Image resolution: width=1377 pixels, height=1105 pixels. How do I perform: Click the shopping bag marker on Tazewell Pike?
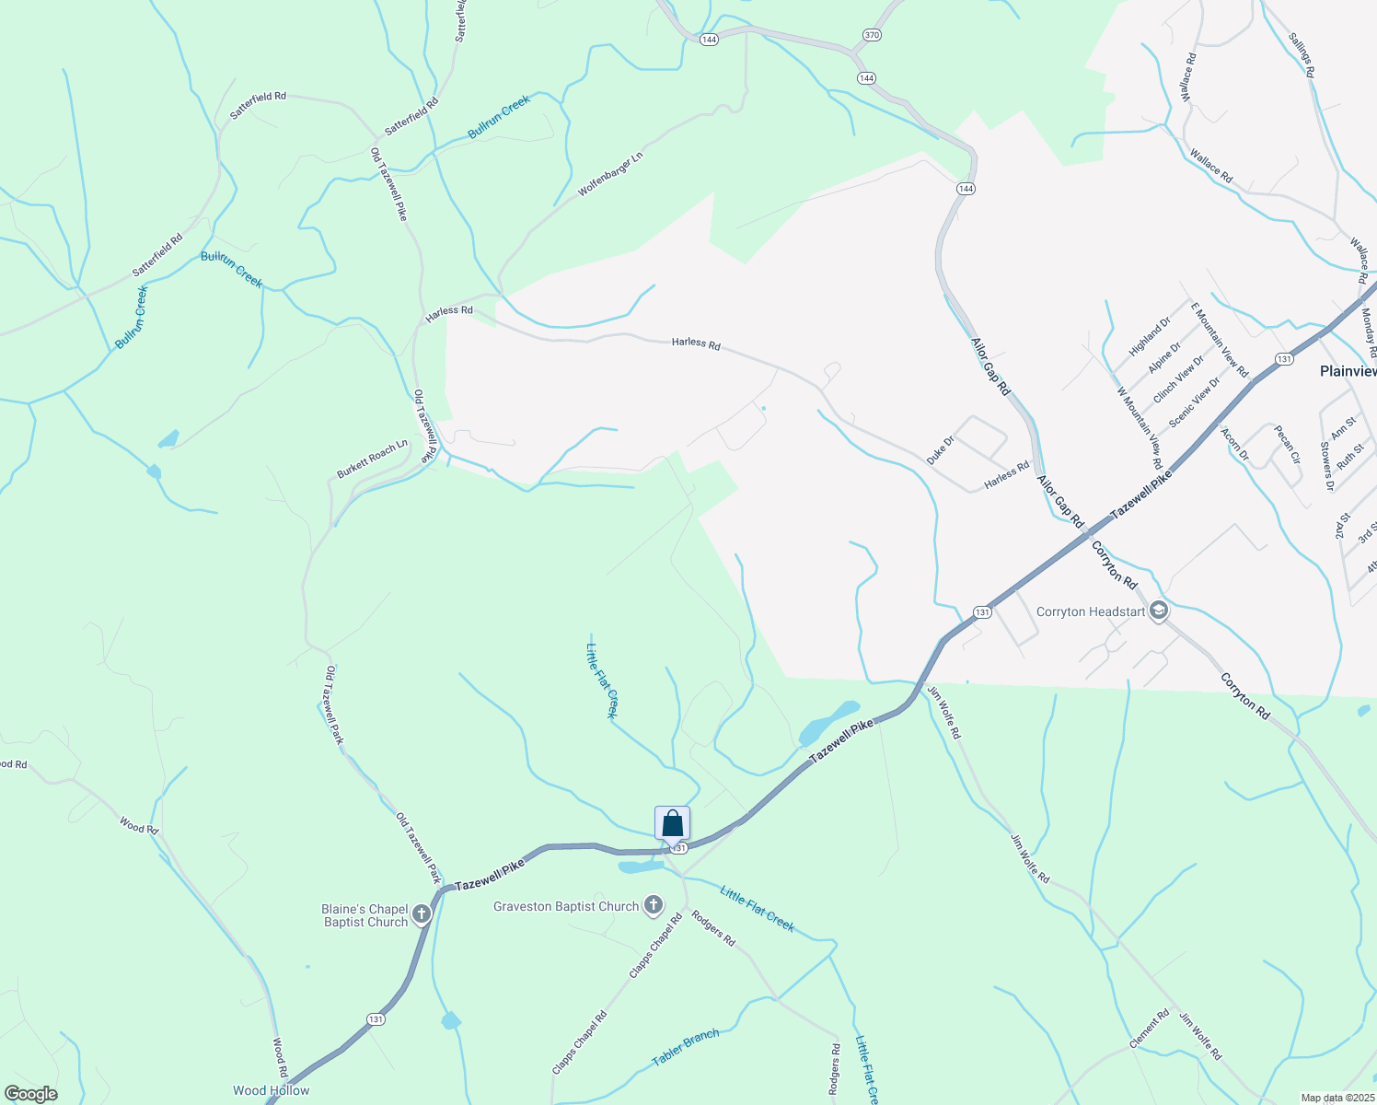672,824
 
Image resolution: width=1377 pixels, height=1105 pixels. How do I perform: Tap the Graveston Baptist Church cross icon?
653,906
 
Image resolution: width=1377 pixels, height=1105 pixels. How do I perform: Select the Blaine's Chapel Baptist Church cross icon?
422,914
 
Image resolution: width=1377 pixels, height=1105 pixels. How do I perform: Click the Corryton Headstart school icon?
1158,611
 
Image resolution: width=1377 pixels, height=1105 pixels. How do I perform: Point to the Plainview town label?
1348,371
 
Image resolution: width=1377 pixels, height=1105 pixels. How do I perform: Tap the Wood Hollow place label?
271,1090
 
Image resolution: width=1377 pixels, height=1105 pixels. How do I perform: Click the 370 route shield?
872,35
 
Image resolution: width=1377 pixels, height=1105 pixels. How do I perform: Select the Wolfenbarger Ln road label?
610,174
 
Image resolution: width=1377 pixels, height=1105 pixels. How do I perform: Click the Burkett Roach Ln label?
372,459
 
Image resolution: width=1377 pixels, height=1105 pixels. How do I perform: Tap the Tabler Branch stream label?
686,1048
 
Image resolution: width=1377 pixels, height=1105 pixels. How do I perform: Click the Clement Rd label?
1149,1029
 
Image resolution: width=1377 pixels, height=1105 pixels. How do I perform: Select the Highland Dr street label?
1150,337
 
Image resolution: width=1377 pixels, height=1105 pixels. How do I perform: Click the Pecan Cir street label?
1287,444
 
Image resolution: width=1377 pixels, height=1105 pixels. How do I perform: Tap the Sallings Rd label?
1302,54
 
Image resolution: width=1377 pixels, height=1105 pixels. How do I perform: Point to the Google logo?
30,1094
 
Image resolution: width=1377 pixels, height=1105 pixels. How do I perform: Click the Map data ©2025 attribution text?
1336,1098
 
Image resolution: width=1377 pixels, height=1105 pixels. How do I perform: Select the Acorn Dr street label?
1234,444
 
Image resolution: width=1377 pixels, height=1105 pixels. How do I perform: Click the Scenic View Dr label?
1195,401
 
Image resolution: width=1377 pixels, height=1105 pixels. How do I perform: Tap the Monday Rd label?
1368,332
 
